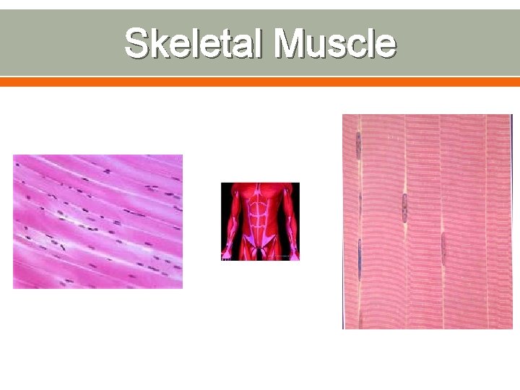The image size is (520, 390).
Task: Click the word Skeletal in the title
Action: click(196, 43)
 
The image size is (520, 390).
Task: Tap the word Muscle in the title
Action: click(336, 43)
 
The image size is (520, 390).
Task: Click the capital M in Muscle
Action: click(292, 43)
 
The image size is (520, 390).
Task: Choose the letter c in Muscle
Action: click(358, 45)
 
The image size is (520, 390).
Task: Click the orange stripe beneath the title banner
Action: click(260, 82)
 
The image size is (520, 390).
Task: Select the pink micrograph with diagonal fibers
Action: click(97, 222)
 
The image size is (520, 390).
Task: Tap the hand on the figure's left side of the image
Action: click(226, 253)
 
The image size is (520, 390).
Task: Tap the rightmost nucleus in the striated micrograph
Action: click(443, 248)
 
